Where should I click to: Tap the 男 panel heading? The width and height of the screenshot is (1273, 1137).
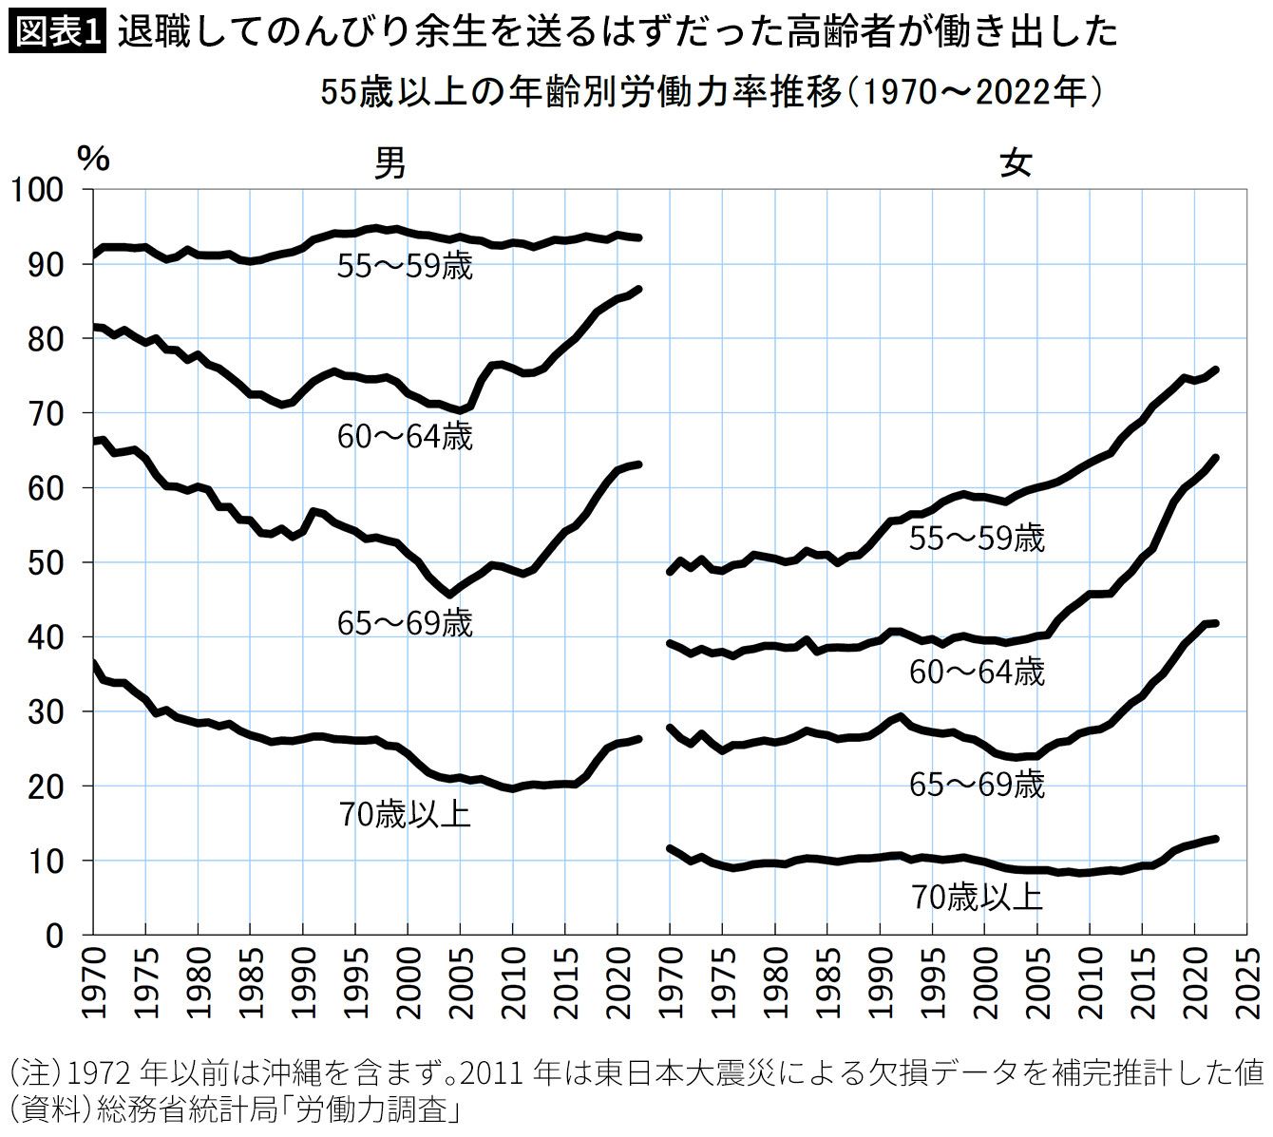click(x=389, y=163)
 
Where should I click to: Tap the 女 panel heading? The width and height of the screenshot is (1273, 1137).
click(x=1016, y=163)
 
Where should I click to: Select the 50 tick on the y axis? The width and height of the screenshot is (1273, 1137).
click(x=46, y=563)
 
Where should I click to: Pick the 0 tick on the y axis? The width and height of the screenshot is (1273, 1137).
click(x=55, y=936)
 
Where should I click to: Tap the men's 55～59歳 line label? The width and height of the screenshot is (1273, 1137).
click(x=405, y=267)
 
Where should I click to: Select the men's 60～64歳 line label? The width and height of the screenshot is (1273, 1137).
click(x=405, y=437)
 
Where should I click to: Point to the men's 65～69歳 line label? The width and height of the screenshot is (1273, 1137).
click(x=405, y=623)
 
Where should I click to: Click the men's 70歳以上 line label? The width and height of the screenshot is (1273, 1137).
click(x=405, y=815)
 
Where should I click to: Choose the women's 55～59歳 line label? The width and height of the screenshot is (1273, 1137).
click(x=977, y=539)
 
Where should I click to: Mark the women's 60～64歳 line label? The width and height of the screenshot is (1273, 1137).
click(x=977, y=673)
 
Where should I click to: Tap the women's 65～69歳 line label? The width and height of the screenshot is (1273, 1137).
click(x=977, y=785)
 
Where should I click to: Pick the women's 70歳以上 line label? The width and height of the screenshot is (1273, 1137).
click(x=977, y=899)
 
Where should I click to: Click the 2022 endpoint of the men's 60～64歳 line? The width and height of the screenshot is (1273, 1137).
click(x=638, y=289)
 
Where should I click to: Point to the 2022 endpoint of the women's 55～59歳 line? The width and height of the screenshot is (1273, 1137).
click(x=1216, y=370)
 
